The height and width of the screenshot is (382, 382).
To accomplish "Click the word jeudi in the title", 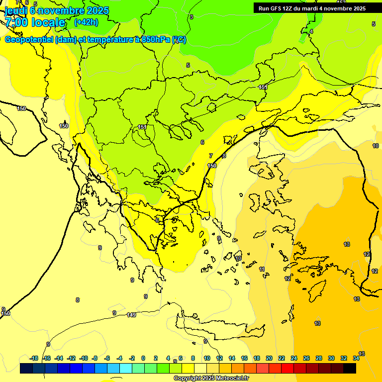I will [x=16, y=10].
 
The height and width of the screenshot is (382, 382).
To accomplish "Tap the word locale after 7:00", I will [x=48, y=22].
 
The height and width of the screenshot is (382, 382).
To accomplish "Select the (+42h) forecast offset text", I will [x=86, y=22].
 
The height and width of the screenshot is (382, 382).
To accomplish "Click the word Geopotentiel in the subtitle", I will [x=29, y=40].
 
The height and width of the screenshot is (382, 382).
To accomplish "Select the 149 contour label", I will [x=131, y=315].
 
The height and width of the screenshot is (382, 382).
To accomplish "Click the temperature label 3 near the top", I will [x=191, y=17].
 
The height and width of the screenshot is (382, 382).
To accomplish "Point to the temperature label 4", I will [x=311, y=31].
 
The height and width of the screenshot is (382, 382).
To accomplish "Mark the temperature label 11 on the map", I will [x=262, y=269].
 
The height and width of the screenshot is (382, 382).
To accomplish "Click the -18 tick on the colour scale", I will [x=34, y=358].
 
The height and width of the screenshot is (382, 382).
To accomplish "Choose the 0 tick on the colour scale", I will [x=143, y=358].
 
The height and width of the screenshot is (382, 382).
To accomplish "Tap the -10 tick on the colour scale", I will [x=84, y=358].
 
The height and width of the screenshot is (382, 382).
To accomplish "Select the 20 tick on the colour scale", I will [x=269, y=358].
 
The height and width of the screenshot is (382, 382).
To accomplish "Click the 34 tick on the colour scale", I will [x=356, y=358].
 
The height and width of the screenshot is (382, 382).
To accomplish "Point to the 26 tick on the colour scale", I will [x=306, y=358].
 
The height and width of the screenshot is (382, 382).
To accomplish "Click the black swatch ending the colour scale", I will [x=350, y=369].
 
